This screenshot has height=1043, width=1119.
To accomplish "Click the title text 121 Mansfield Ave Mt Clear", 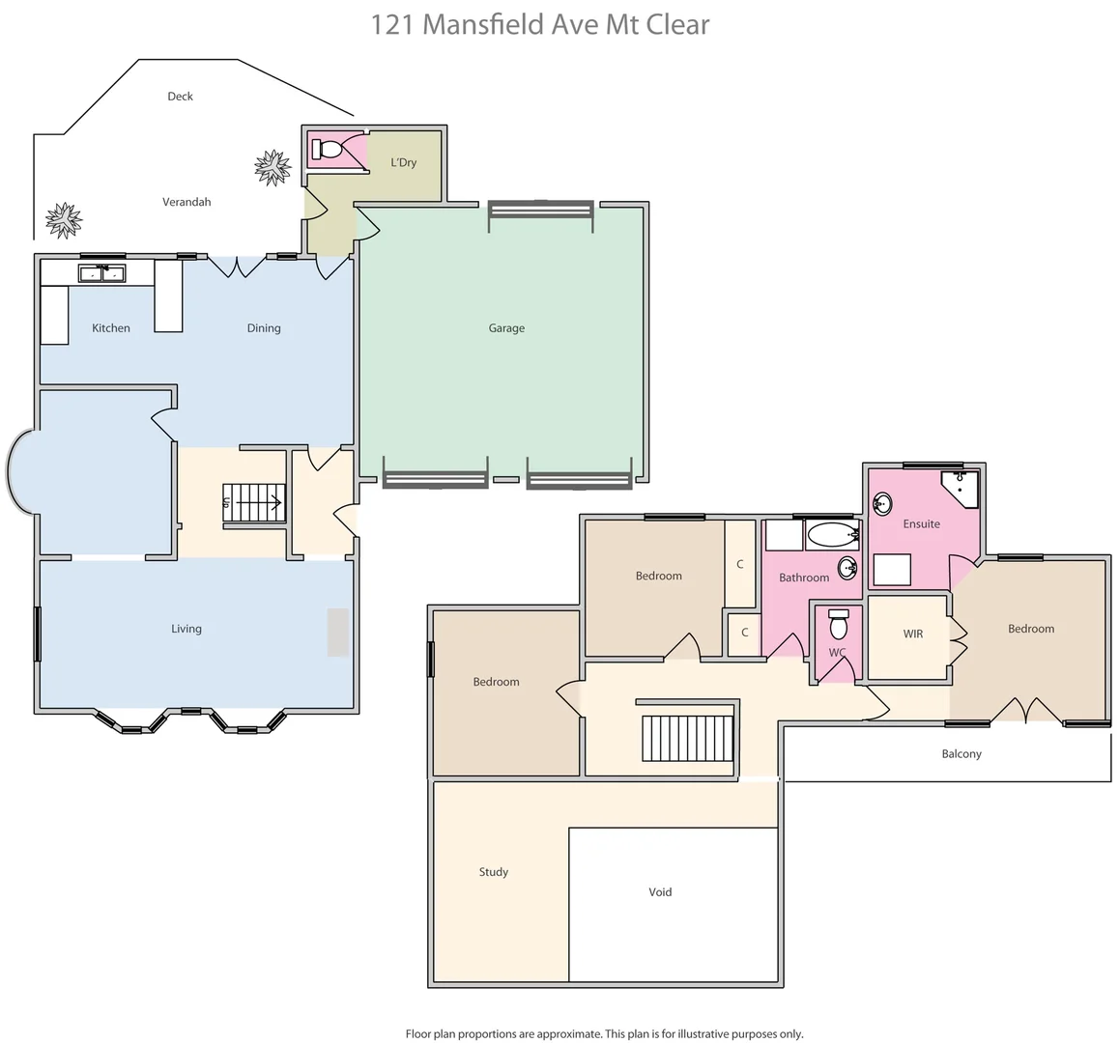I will (540, 24).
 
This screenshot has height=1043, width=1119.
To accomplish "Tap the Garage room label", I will (506, 328).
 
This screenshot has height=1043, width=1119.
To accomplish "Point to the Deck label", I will (180, 97).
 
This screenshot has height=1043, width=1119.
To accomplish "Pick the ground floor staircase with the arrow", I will (254, 502).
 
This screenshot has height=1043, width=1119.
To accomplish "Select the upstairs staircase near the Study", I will (688, 739).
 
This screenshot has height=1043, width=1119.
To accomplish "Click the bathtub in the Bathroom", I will (831, 534).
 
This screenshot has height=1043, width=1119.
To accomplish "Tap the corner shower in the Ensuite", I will (962, 488).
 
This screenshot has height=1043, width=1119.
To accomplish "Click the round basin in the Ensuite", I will (882, 503).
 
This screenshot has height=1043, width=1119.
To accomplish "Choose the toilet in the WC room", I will (838, 626).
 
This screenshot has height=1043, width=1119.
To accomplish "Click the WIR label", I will (912, 634).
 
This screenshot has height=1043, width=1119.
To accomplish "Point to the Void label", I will (660, 892).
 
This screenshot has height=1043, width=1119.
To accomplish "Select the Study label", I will (493, 872).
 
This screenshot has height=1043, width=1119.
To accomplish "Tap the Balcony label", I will (961, 754).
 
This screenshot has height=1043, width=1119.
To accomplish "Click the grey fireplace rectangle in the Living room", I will (337, 633).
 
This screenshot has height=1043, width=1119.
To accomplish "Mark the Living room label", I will (186, 629).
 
